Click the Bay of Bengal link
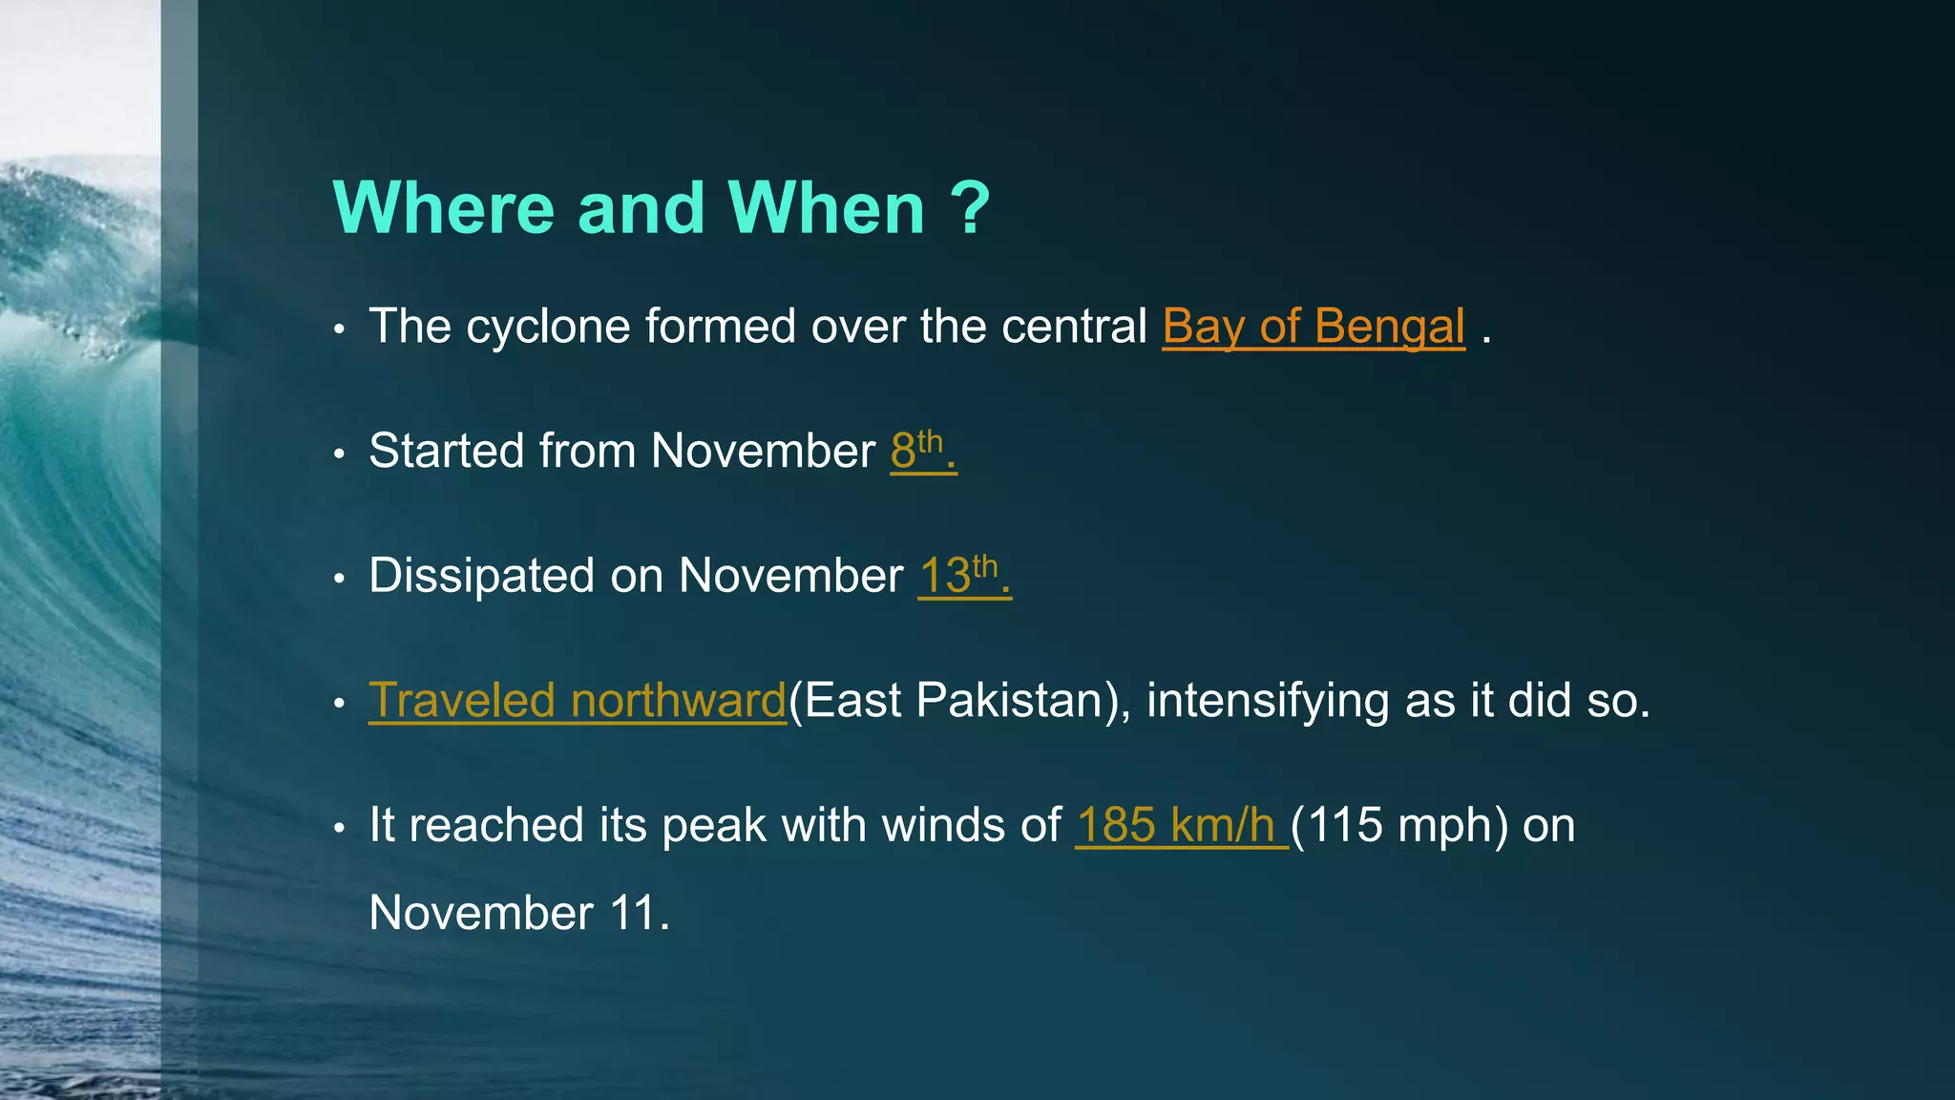coord(1313,327)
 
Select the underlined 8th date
coord(921,451)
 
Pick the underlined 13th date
coord(963,576)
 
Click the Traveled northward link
coord(577,701)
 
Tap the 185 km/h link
coord(1180,825)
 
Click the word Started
coord(446,451)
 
